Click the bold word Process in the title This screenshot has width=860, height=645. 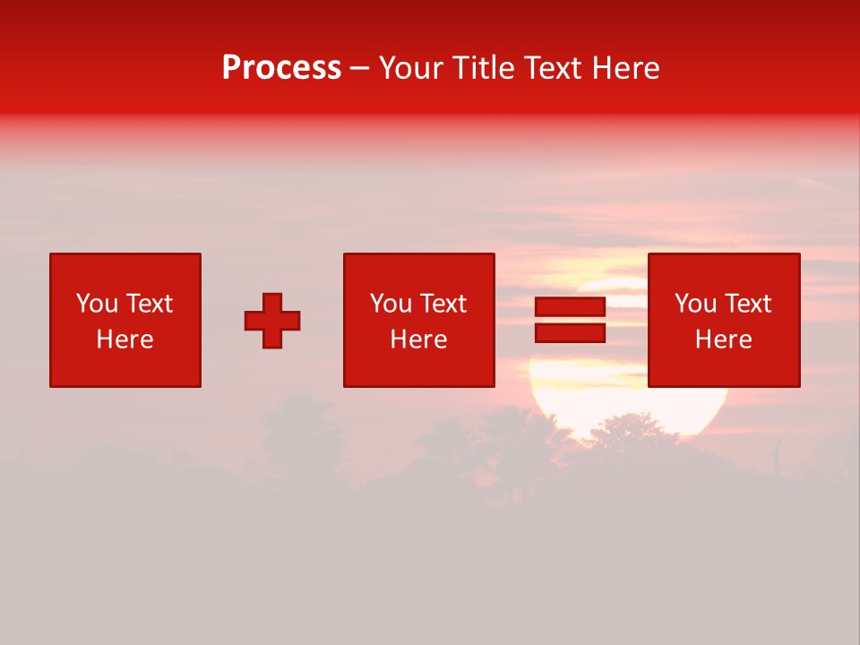click(281, 68)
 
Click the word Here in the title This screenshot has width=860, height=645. click(628, 68)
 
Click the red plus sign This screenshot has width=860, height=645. click(272, 321)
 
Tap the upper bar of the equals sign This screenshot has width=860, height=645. click(570, 307)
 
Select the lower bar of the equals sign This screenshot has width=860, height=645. click(570, 332)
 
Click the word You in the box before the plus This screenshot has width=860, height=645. click(97, 304)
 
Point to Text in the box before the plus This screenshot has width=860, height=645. click(148, 304)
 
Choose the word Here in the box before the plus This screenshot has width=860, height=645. click(125, 340)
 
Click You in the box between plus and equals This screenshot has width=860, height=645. click(391, 304)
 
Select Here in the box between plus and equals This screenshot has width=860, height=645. click(418, 340)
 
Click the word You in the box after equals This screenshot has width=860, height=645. click(695, 304)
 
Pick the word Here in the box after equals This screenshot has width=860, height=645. click(723, 340)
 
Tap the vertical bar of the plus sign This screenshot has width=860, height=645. click(272, 301)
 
